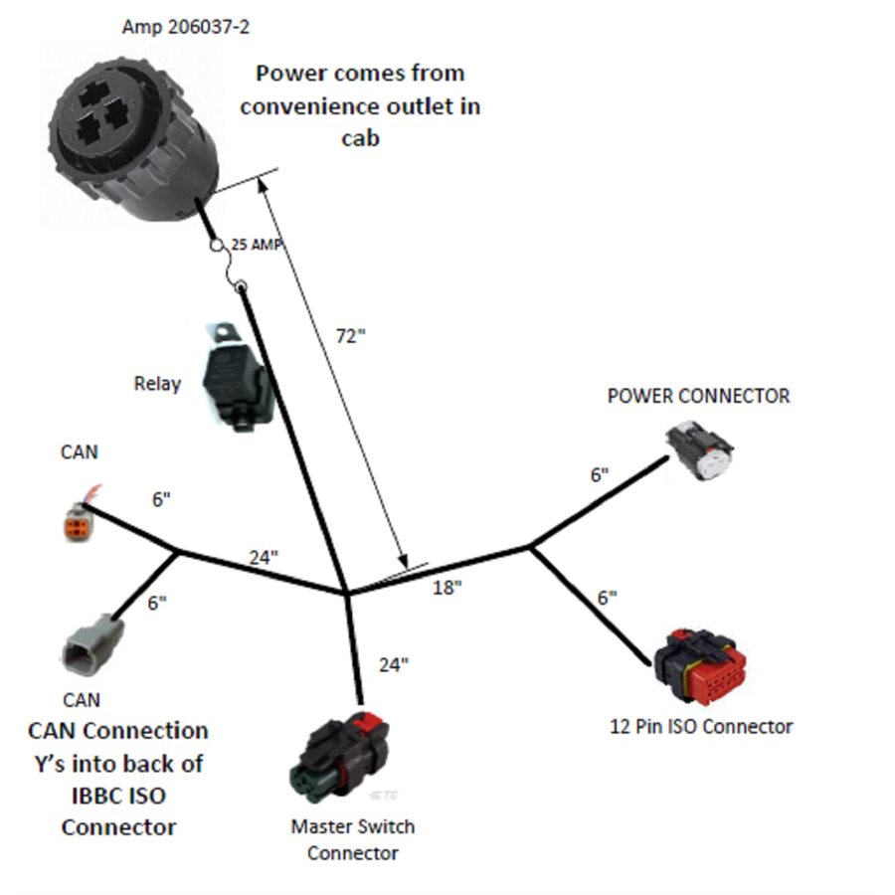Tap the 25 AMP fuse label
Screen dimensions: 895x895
257,245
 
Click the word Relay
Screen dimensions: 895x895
157,383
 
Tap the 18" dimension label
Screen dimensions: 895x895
447,588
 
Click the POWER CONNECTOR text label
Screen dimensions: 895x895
698,396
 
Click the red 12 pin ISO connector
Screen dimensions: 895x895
700,664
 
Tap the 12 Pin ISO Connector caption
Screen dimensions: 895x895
700,726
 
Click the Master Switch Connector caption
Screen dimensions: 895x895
352,839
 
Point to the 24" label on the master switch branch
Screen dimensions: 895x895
393,664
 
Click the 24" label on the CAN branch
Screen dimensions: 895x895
263,558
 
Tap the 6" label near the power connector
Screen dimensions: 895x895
599,475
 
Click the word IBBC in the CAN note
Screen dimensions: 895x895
98,796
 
